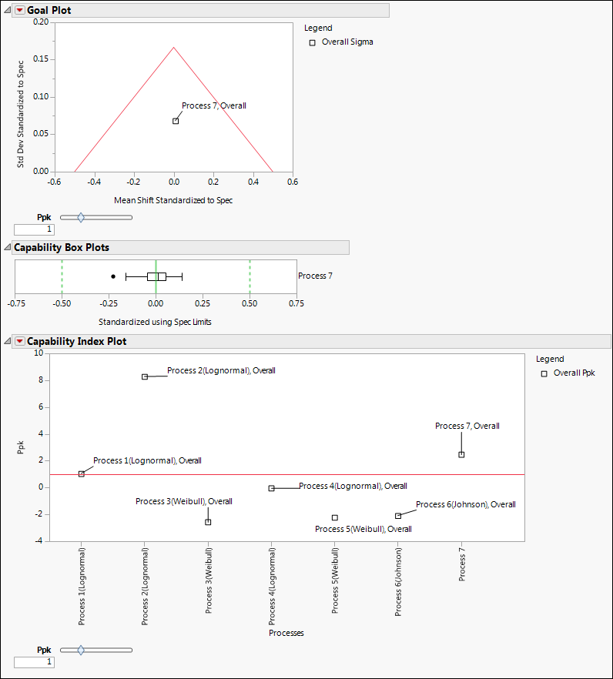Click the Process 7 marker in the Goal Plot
coord(176,121)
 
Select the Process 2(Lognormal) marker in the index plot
coord(145,376)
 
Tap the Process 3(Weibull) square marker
coord(208,522)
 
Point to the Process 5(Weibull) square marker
coord(335,517)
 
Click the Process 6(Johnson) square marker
coord(398,516)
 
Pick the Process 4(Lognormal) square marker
coord(271,488)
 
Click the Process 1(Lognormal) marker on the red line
coord(82,473)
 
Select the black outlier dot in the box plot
coord(113,276)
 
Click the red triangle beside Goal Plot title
coord(19,10)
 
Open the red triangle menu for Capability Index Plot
coord(19,341)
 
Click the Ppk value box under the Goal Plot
coord(34,229)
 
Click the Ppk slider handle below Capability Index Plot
coord(81,650)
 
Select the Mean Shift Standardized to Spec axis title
coord(173,200)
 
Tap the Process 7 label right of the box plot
coord(315,276)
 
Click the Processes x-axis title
coord(286,633)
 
